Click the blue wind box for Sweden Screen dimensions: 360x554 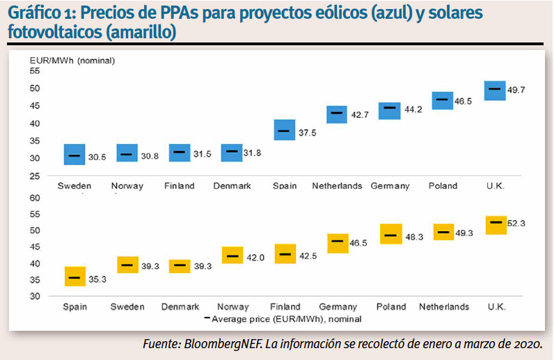pyautogui.click(x=74, y=155)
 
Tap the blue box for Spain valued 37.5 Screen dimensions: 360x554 pyautogui.click(x=284, y=130)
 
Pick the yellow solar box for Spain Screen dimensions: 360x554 pyautogui.click(x=74, y=276)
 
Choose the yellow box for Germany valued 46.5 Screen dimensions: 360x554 pyautogui.click(x=338, y=243)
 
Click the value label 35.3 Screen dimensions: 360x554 pyautogui.click(x=97, y=279)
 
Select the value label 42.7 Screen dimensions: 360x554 pyautogui.click(x=359, y=114)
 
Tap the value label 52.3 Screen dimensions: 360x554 pyautogui.click(x=516, y=224)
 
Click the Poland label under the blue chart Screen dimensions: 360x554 pyautogui.click(x=443, y=186)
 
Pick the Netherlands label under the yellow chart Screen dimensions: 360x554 pyautogui.click(x=443, y=307)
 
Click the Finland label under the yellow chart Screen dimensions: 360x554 pyautogui.click(x=285, y=307)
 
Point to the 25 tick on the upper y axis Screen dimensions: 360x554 pyautogui.click(x=34, y=177)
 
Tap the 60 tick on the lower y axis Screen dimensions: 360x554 pyautogui.click(x=34, y=198)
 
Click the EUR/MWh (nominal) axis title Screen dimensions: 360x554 pyautogui.click(x=72, y=61)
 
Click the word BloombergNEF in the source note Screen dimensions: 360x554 pyautogui.click(x=212, y=344)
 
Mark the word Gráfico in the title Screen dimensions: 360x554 pyautogui.click(x=30, y=14)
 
